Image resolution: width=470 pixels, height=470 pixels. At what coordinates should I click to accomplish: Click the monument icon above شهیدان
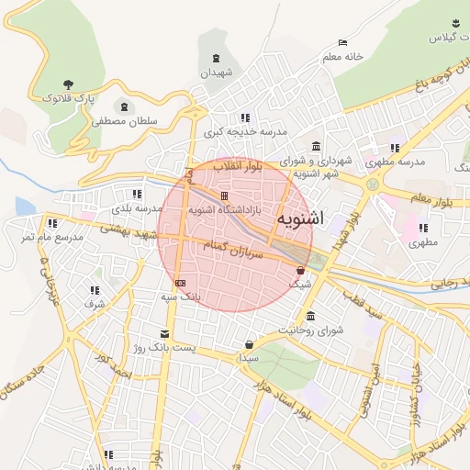coord(217,60)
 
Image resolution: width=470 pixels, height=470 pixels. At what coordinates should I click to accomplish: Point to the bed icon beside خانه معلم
coord(342,43)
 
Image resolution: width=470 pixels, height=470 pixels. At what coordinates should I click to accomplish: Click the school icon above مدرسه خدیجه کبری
coord(244,118)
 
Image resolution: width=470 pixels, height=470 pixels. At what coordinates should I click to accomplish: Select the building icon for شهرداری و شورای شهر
coord(317,147)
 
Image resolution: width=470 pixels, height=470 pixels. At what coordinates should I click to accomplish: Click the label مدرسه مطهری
coord(396,161)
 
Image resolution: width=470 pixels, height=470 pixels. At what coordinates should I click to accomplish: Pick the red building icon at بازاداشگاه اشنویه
coord(224,196)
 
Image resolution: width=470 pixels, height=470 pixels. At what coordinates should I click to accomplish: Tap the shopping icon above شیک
coord(300,271)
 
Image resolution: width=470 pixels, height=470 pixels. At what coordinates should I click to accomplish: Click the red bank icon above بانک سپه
coord(180,283)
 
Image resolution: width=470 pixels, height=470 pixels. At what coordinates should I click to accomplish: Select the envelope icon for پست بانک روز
coord(164,333)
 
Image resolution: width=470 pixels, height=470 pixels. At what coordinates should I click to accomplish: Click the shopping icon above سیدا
coord(249,345)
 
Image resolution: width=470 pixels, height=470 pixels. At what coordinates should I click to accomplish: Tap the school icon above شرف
coord(95,290)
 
